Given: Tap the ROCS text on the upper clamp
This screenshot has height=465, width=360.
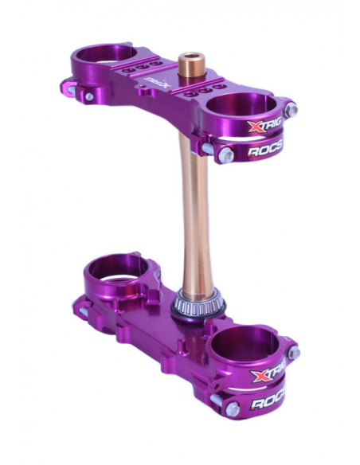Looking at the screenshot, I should [x=265, y=150].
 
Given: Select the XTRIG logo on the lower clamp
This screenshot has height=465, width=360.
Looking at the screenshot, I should [x=269, y=375].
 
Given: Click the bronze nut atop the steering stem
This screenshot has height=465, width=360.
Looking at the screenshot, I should [x=190, y=64].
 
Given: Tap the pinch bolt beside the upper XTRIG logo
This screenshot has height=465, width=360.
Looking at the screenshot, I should [x=290, y=111].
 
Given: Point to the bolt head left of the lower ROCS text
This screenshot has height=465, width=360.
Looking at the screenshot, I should [x=232, y=410].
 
